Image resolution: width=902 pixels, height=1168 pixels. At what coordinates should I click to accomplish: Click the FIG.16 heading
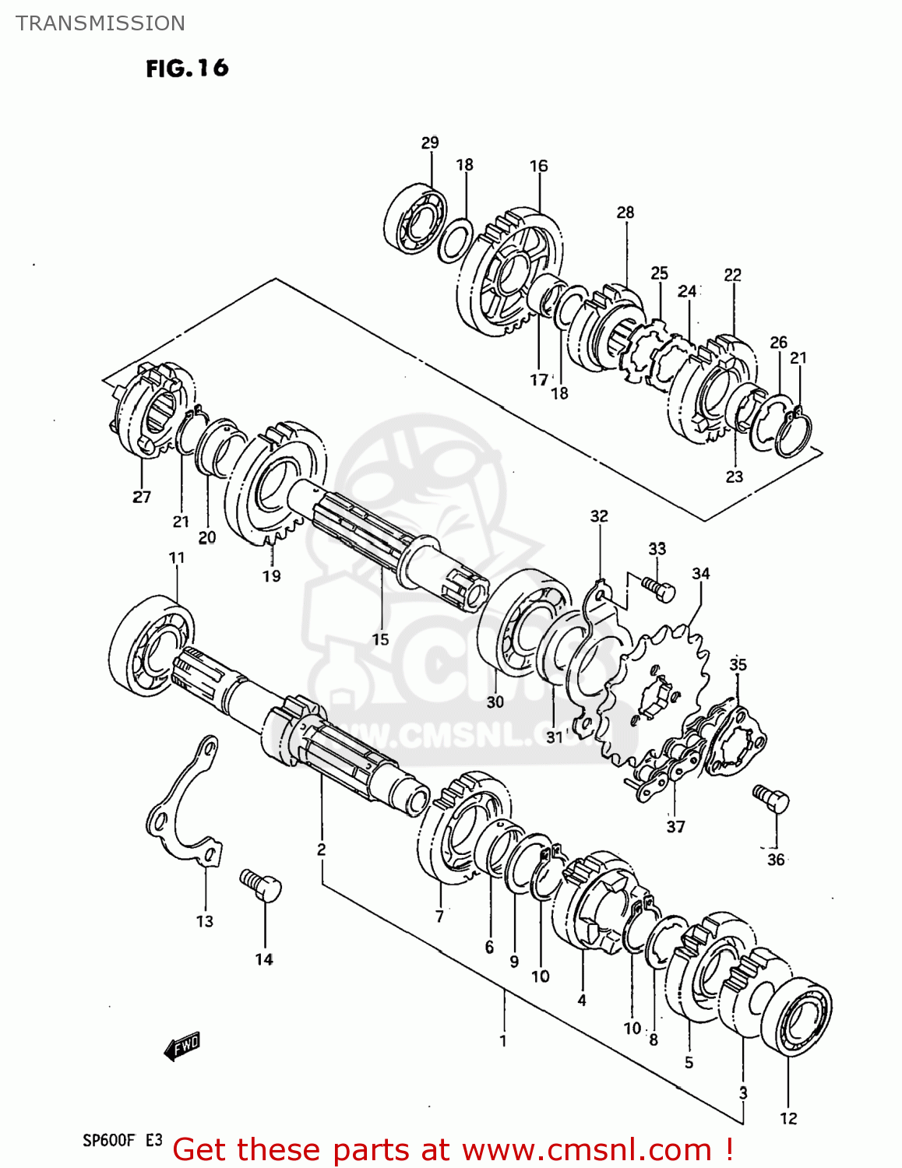(187, 69)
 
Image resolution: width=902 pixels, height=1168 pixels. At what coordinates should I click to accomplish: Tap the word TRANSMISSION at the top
(100, 23)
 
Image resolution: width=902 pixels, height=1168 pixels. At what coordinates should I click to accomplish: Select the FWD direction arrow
(183, 1046)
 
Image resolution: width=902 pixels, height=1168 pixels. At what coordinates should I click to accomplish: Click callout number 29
(430, 142)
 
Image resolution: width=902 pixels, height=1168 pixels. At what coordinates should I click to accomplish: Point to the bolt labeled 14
(262, 885)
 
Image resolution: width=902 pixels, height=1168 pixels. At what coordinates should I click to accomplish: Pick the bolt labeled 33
(658, 587)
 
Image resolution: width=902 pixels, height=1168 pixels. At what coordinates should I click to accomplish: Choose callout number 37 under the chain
(675, 826)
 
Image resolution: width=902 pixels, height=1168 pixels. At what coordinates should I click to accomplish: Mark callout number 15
(380, 639)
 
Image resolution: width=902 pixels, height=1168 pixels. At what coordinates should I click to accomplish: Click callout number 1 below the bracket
(503, 1040)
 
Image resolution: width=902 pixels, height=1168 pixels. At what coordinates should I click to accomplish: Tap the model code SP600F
(109, 1141)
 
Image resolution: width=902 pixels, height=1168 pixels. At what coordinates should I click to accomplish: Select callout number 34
(701, 574)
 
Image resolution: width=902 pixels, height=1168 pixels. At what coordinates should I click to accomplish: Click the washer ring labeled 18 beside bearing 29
(455, 241)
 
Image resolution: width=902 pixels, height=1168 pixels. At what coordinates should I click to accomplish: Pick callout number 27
(142, 497)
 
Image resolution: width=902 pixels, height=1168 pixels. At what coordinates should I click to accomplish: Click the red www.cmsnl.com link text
(587, 1149)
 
